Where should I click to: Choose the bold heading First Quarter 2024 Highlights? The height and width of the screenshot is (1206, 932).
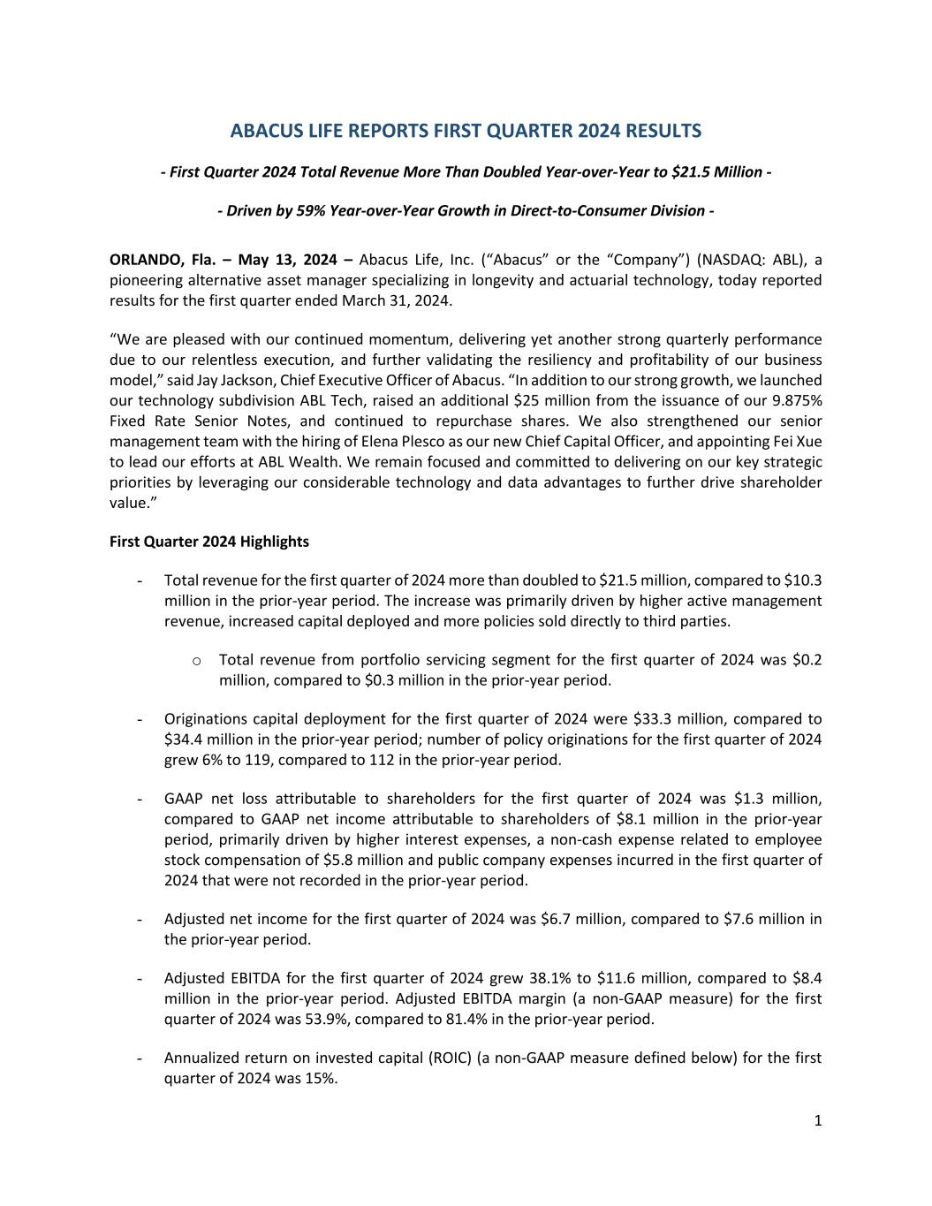point(209,542)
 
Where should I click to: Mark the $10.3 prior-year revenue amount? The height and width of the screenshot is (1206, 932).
point(803,580)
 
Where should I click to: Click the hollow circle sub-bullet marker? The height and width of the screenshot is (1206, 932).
point(195,661)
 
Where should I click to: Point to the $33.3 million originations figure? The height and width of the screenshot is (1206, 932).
point(653,719)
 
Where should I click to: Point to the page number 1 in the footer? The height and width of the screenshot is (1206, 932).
point(818,1121)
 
